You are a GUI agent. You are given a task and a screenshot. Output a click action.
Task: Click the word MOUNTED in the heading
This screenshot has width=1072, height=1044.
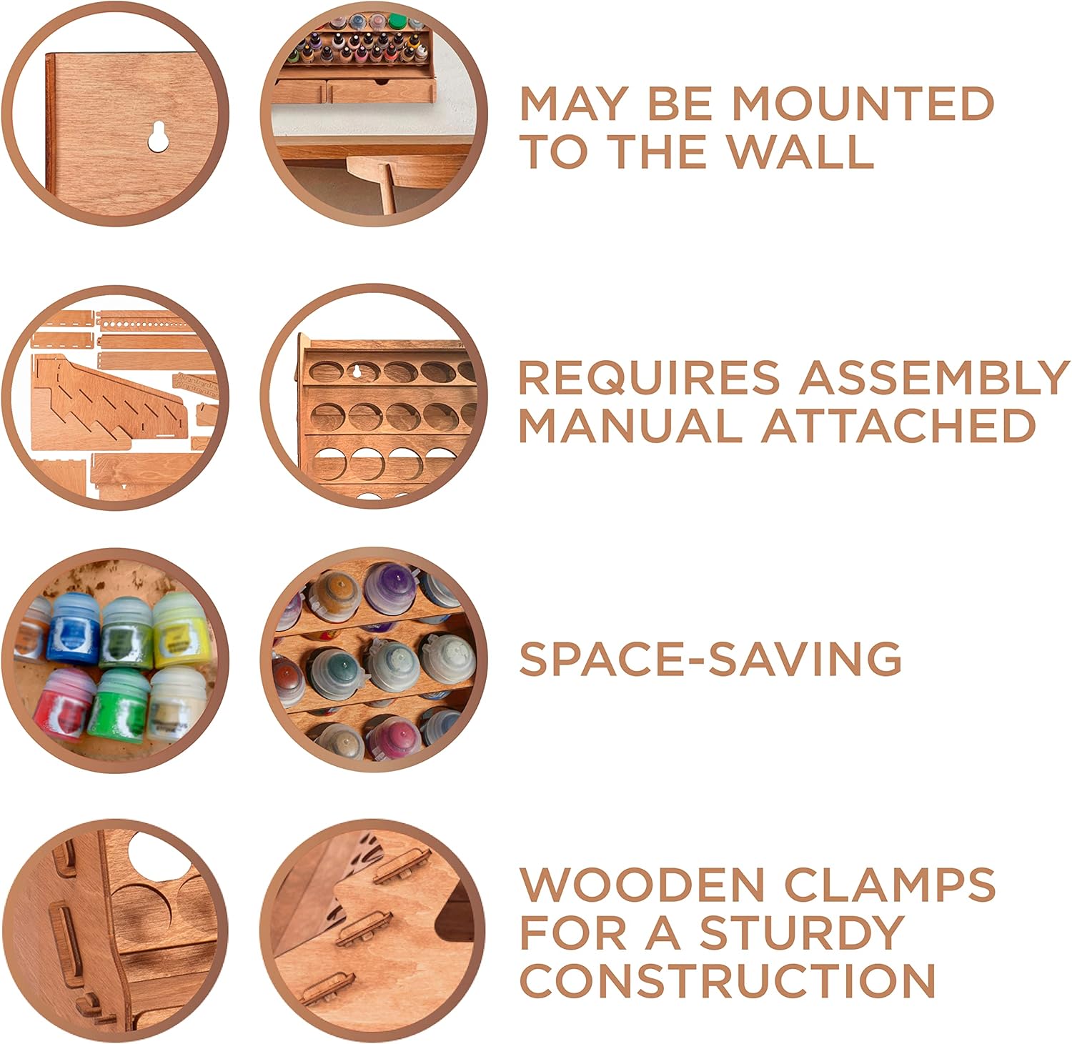click(863, 104)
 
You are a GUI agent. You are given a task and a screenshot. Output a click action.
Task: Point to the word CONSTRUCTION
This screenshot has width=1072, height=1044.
click(727, 980)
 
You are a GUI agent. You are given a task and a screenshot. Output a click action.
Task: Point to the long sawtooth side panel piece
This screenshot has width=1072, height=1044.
click(107, 392)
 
